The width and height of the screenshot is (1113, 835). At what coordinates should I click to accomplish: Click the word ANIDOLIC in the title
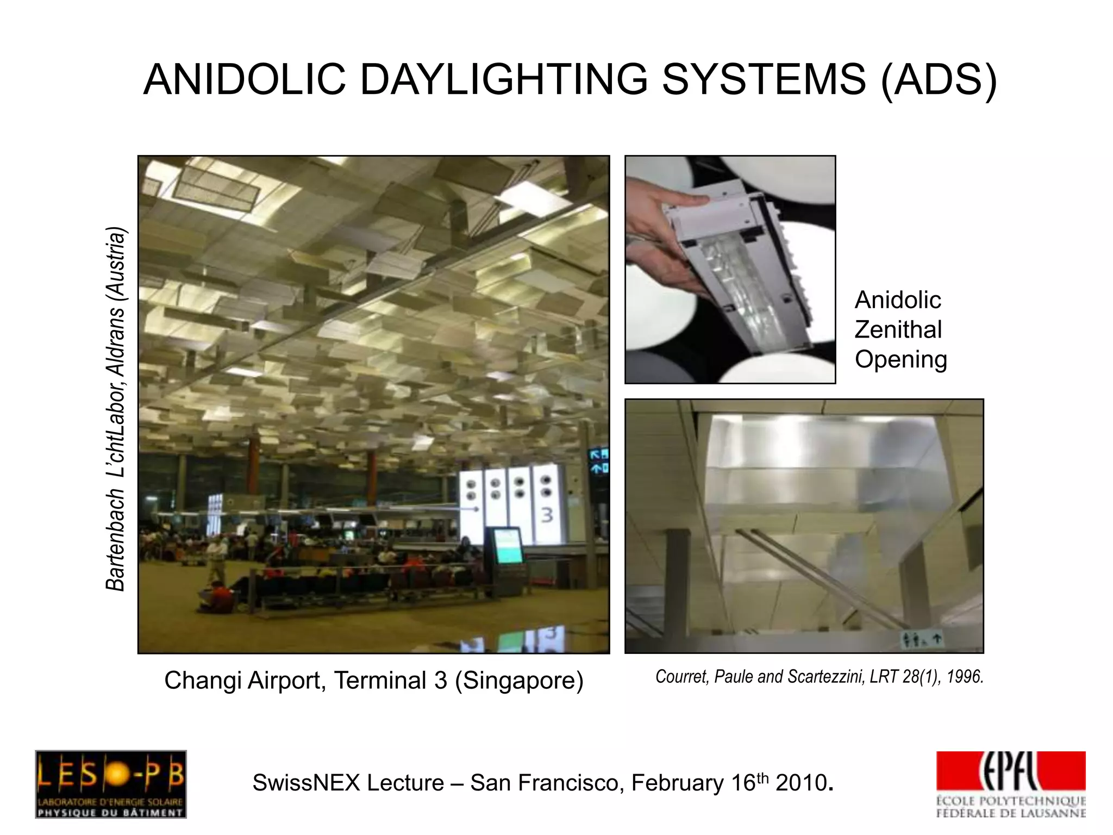point(245,79)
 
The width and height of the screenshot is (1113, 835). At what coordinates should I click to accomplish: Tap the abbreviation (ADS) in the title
point(939,79)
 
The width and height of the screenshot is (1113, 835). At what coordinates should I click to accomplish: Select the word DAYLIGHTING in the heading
point(504,79)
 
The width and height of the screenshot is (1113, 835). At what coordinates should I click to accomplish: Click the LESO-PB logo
point(111,783)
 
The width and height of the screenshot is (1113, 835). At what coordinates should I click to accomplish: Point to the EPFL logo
point(1011,783)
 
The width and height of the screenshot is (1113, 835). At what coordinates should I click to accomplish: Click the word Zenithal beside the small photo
point(898,329)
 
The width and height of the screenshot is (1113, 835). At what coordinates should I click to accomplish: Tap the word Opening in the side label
point(901,359)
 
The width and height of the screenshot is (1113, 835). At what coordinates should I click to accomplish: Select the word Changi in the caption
point(202,681)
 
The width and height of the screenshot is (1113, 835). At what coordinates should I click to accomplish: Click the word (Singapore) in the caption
point(519,681)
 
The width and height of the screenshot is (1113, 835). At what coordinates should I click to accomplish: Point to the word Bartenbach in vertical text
point(116,539)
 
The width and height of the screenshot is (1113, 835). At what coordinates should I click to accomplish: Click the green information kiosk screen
point(508,547)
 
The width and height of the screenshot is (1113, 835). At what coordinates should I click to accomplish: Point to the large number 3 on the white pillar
point(547,515)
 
